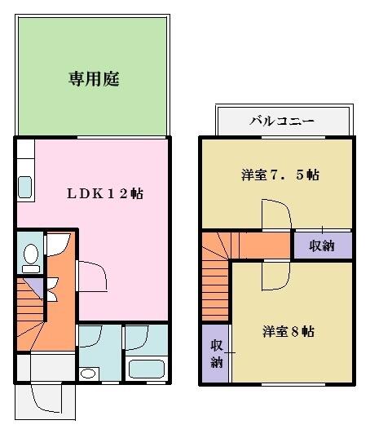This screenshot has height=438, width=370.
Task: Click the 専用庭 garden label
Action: pyautogui.click(x=94, y=79)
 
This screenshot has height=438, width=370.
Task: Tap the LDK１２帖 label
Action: pyautogui.click(x=105, y=193)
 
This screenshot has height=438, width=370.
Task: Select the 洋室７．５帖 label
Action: pyautogui.click(x=280, y=175)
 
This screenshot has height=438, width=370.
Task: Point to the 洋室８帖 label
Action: pyautogui.click(x=289, y=332)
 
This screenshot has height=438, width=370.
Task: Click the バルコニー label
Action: pyautogui.click(x=282, y=122)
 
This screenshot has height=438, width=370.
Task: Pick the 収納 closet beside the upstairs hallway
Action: pyautogui.click(x=323, y=246)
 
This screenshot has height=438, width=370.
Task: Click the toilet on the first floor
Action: pyautogui.click(x=31, y=258)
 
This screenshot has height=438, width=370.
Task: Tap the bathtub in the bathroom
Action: pyautogui.click(x=147, y=369)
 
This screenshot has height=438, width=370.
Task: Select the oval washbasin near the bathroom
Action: pyautogui.click(x=88, y=374)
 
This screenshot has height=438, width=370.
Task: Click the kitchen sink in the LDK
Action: pyautogui.click(x=24, y=188)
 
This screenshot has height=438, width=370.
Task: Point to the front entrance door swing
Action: pyautogui.click(x=46, y=398)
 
